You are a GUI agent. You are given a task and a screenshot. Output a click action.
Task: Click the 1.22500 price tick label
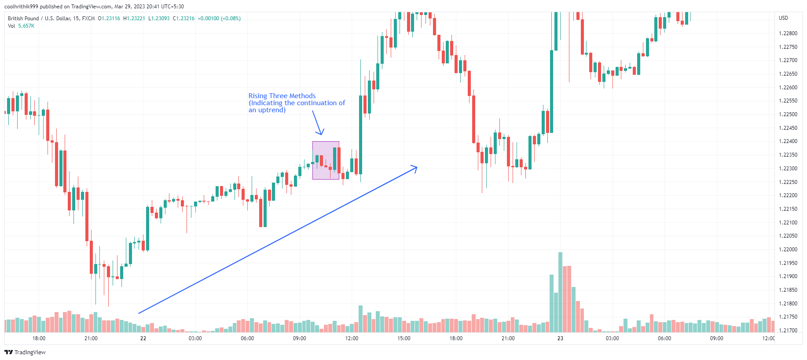pyautogui.click(x=788, y=114)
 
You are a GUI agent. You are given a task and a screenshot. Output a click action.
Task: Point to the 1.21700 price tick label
pyautogui.click(x=788, y=331)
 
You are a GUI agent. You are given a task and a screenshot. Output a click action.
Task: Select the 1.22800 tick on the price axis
pyautogui.click(x=788, y=33)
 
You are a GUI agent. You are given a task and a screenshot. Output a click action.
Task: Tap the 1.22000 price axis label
pyautogui.click(x=788, y=250)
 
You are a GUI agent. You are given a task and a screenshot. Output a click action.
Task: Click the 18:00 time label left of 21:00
pyautogui.click(x=39, y=338)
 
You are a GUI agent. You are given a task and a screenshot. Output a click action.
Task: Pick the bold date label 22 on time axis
pyautogui.click(x=143, y=338)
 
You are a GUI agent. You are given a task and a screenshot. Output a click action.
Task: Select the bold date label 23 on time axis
pyautogui.click(x=560, y=338)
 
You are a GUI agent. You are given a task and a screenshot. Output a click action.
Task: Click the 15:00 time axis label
pyautogui.click(x=403, y=338)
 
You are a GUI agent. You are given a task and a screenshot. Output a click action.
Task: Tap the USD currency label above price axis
pyautogui.click(x=783, y=18)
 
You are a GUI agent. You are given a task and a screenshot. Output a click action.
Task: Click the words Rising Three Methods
pyautogui.click(x=282, y=96)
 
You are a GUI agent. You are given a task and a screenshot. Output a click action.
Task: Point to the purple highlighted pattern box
pyautogui.click(x=326, y=160)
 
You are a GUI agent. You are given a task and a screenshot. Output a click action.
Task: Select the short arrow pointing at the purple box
pyautogui.click(x=318, y=123)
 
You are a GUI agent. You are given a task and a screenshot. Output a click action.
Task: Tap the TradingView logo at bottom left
pyautogui.click(x=25, y=352)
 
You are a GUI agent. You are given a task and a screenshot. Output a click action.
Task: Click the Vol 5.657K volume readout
pyautogui.click(x=21, y=26)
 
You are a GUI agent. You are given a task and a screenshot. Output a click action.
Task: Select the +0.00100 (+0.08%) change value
pyautogui.click(x=219, y=18)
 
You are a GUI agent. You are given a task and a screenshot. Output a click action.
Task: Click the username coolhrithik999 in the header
pyautogui.click(x=21, y=7)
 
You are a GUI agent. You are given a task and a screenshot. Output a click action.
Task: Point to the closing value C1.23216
pyautogui.click(x=183, y=18)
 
